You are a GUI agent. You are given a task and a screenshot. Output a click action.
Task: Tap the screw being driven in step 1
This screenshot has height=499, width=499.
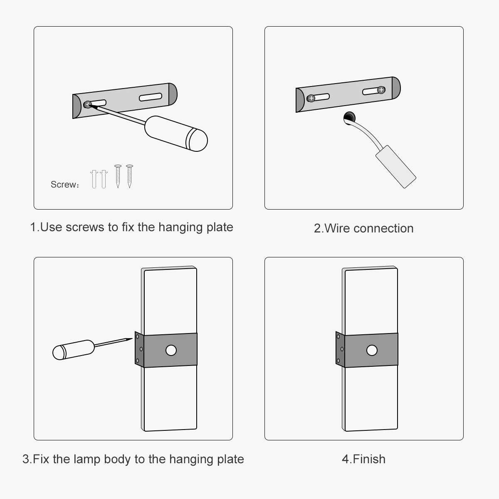click(x=87, y=104)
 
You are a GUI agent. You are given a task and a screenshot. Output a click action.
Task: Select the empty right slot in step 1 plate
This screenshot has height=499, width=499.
click(x=151, y=97)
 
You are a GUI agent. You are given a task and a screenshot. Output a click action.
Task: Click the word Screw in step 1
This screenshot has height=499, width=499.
click(x=63, y=185)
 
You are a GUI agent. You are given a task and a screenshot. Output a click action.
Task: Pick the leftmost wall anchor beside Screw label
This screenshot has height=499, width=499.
click(x=94, y=179)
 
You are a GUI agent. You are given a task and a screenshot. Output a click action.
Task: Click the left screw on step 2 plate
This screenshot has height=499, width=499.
click(x=311, y=99)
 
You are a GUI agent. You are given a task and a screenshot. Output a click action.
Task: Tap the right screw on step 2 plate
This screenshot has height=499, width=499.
click(x=381, y=89)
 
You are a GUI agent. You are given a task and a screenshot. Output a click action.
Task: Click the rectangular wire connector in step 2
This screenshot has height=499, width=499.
click(x=395, y=166)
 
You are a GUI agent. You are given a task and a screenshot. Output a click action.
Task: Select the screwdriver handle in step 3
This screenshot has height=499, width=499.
click(x=74, y=350)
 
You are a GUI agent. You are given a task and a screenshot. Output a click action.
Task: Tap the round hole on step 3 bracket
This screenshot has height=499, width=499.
click(x=171, y=351)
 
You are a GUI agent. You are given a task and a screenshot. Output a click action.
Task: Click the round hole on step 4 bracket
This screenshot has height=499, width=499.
click(x=372, y=351)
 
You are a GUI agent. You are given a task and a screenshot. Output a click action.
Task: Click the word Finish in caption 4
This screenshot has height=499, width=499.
click(x=369, y=459)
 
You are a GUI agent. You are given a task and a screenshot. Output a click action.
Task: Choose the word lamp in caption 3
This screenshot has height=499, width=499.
click(x=87, y=459)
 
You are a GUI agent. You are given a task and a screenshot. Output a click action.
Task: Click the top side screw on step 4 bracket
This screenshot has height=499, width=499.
click(x=338, y=337)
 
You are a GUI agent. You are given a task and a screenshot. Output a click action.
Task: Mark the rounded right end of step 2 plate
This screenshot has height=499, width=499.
click(x=396, y=87)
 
